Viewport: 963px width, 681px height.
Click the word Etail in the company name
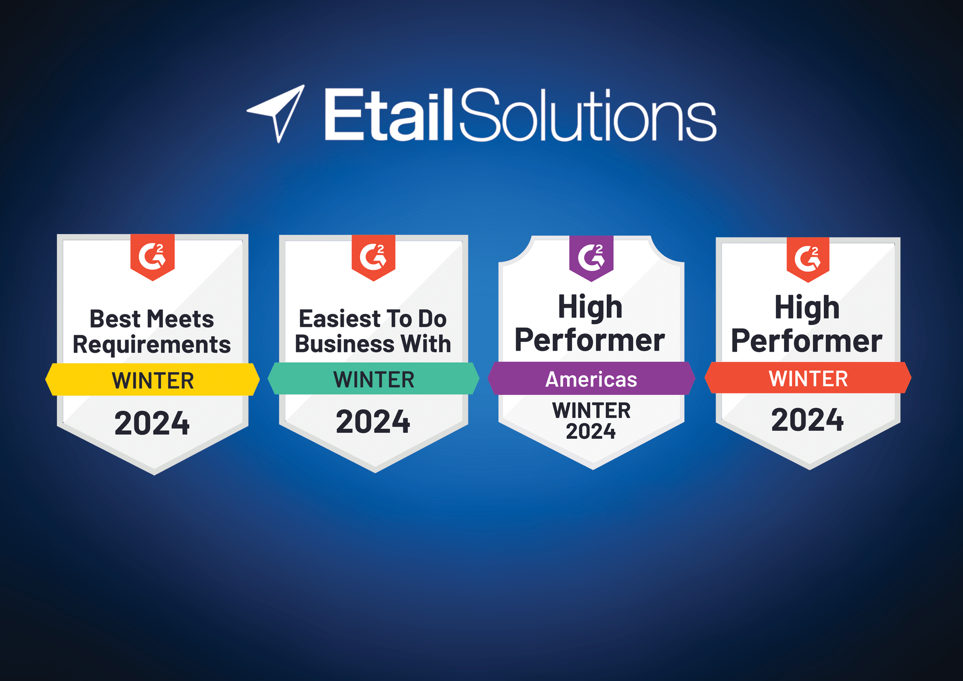388,116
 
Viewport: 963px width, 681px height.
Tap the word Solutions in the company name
588,116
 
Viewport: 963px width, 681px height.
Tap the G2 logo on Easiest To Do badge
373,256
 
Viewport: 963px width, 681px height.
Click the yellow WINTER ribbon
153,380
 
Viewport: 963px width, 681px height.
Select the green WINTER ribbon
374,380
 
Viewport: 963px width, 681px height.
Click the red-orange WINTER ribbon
808,379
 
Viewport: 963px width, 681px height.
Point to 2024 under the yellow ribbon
152,423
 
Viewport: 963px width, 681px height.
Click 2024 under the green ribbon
373,422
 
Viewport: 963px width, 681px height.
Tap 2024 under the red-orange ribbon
807,419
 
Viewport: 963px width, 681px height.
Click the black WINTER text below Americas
591,410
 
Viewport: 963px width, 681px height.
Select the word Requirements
152,345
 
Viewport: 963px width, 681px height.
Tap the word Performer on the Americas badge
590,340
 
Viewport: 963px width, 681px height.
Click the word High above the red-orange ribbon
807,308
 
